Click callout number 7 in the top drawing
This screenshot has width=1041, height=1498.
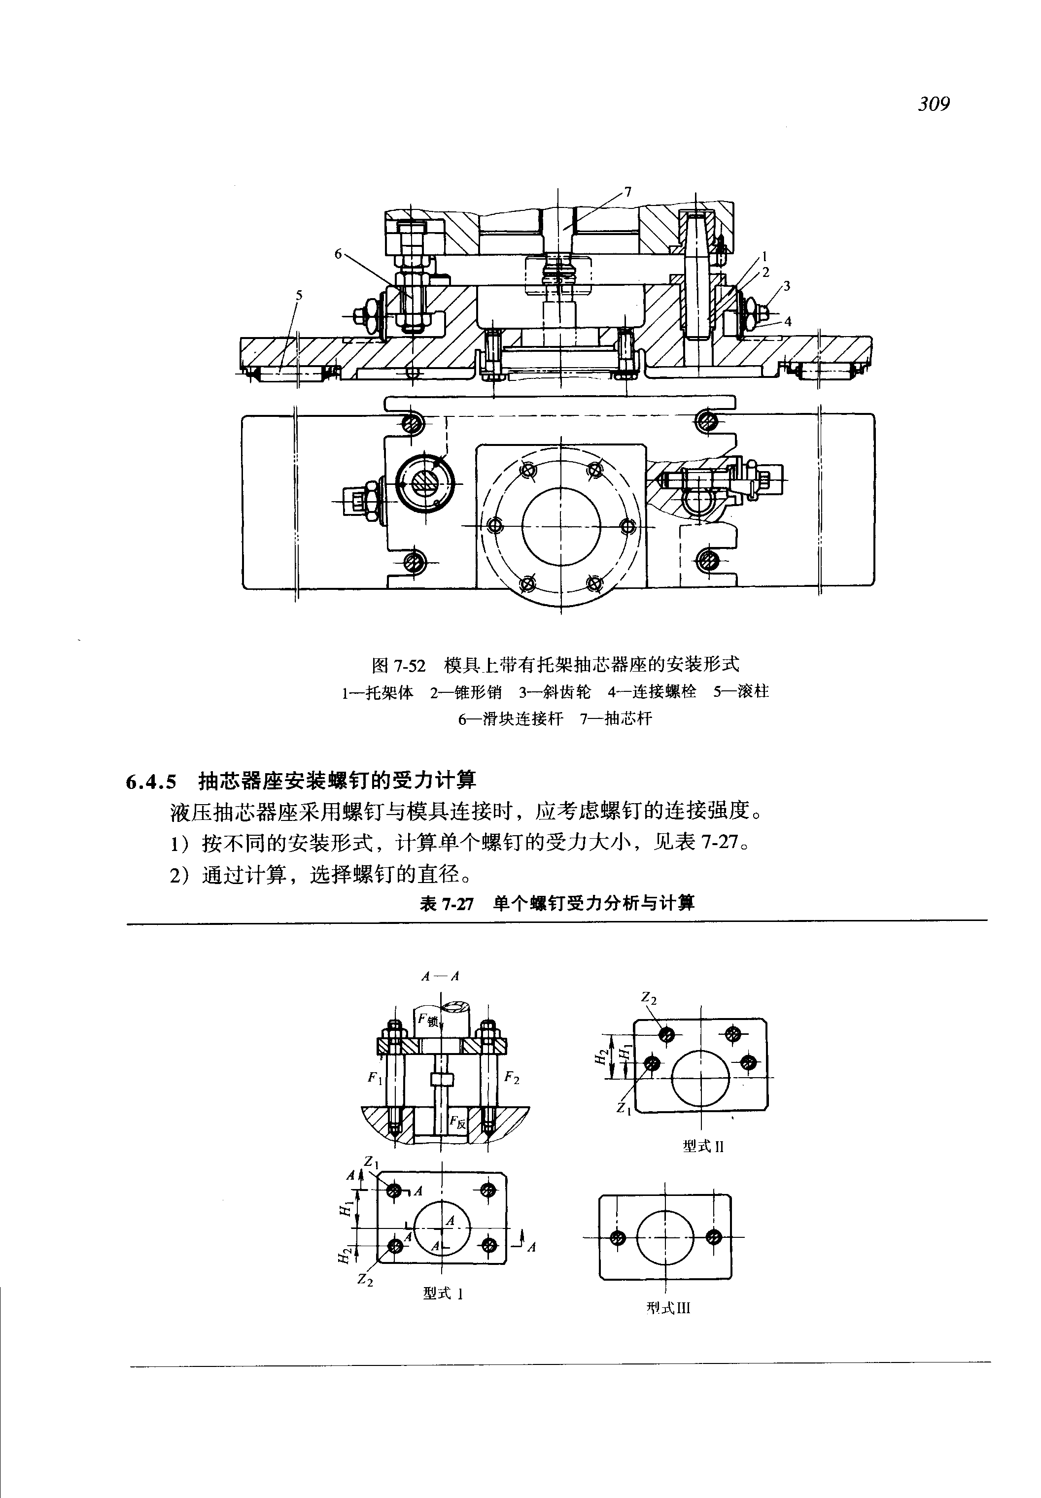[627, 192]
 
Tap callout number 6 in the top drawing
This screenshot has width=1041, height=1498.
[338, 254]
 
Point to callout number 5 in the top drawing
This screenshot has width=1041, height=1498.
[299, 295]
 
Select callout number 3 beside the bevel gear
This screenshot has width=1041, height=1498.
[787, 286]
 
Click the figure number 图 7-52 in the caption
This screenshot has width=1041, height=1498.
[398, 666]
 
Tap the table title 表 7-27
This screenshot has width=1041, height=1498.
[446, 904]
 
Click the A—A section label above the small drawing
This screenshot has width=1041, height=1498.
[441, 976]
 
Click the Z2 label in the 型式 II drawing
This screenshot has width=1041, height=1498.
[648, 997]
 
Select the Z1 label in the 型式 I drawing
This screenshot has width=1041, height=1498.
[371, 1161]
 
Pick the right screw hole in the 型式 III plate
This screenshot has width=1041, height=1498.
[714, 1237]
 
